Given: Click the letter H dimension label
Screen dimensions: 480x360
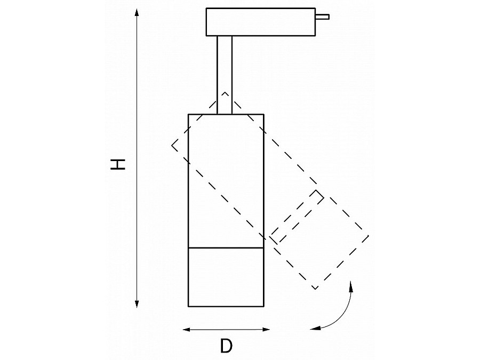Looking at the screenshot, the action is (x=118, y=164).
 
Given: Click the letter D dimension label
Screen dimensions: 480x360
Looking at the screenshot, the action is (x=226, y=346).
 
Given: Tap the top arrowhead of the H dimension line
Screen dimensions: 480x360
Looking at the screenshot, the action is (x=137, y=13).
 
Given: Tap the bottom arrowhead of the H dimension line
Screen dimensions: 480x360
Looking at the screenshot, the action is (x=137, y=303).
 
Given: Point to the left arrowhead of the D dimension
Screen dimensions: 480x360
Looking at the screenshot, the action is (x=187, y=330).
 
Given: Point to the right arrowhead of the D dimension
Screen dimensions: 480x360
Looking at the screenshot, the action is (x=266, y=330).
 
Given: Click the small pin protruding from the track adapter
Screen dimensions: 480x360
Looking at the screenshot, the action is (x=322, y=17).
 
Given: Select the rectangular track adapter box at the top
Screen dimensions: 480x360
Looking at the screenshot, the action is (x=261, y=22).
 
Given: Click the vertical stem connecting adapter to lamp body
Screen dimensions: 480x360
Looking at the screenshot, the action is (x=225, y=75).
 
